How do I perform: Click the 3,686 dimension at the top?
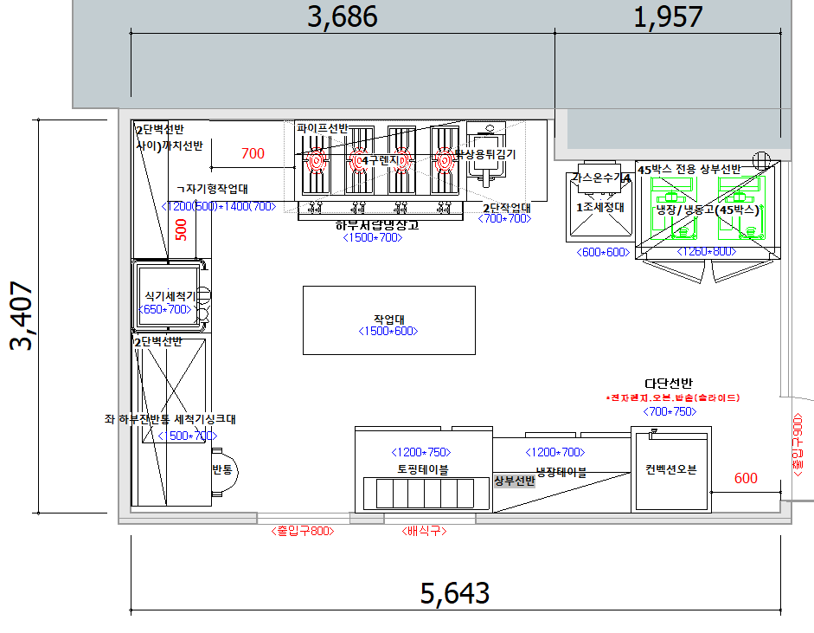click(343, 16)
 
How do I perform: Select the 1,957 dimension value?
click(669, 16)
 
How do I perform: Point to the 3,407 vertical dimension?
click(23, 315)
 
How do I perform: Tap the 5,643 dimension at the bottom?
click(455, 593)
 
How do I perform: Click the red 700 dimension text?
click(253, 154)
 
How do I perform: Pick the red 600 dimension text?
click(746, 478)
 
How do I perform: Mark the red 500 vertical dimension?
click(181, 229)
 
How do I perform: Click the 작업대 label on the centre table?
click(388, 318)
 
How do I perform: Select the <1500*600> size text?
click(388, 332)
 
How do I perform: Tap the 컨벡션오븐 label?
click(670, 470)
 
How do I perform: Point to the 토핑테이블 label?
click(422, 469)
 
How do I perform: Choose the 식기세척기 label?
click(170, 295)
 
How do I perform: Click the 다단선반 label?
click(669, 384)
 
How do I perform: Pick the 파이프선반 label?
click(322, 128)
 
